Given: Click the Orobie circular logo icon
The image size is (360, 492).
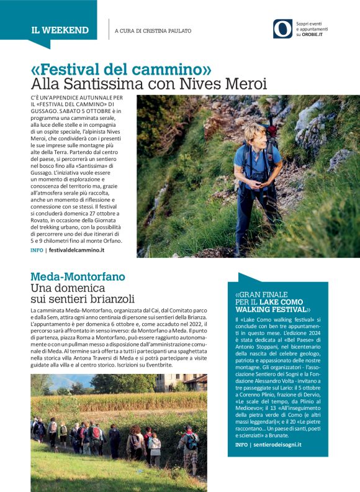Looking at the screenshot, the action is click(x=282, y=29).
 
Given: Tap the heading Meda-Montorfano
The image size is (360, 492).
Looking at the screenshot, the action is click(x=78, y=276).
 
